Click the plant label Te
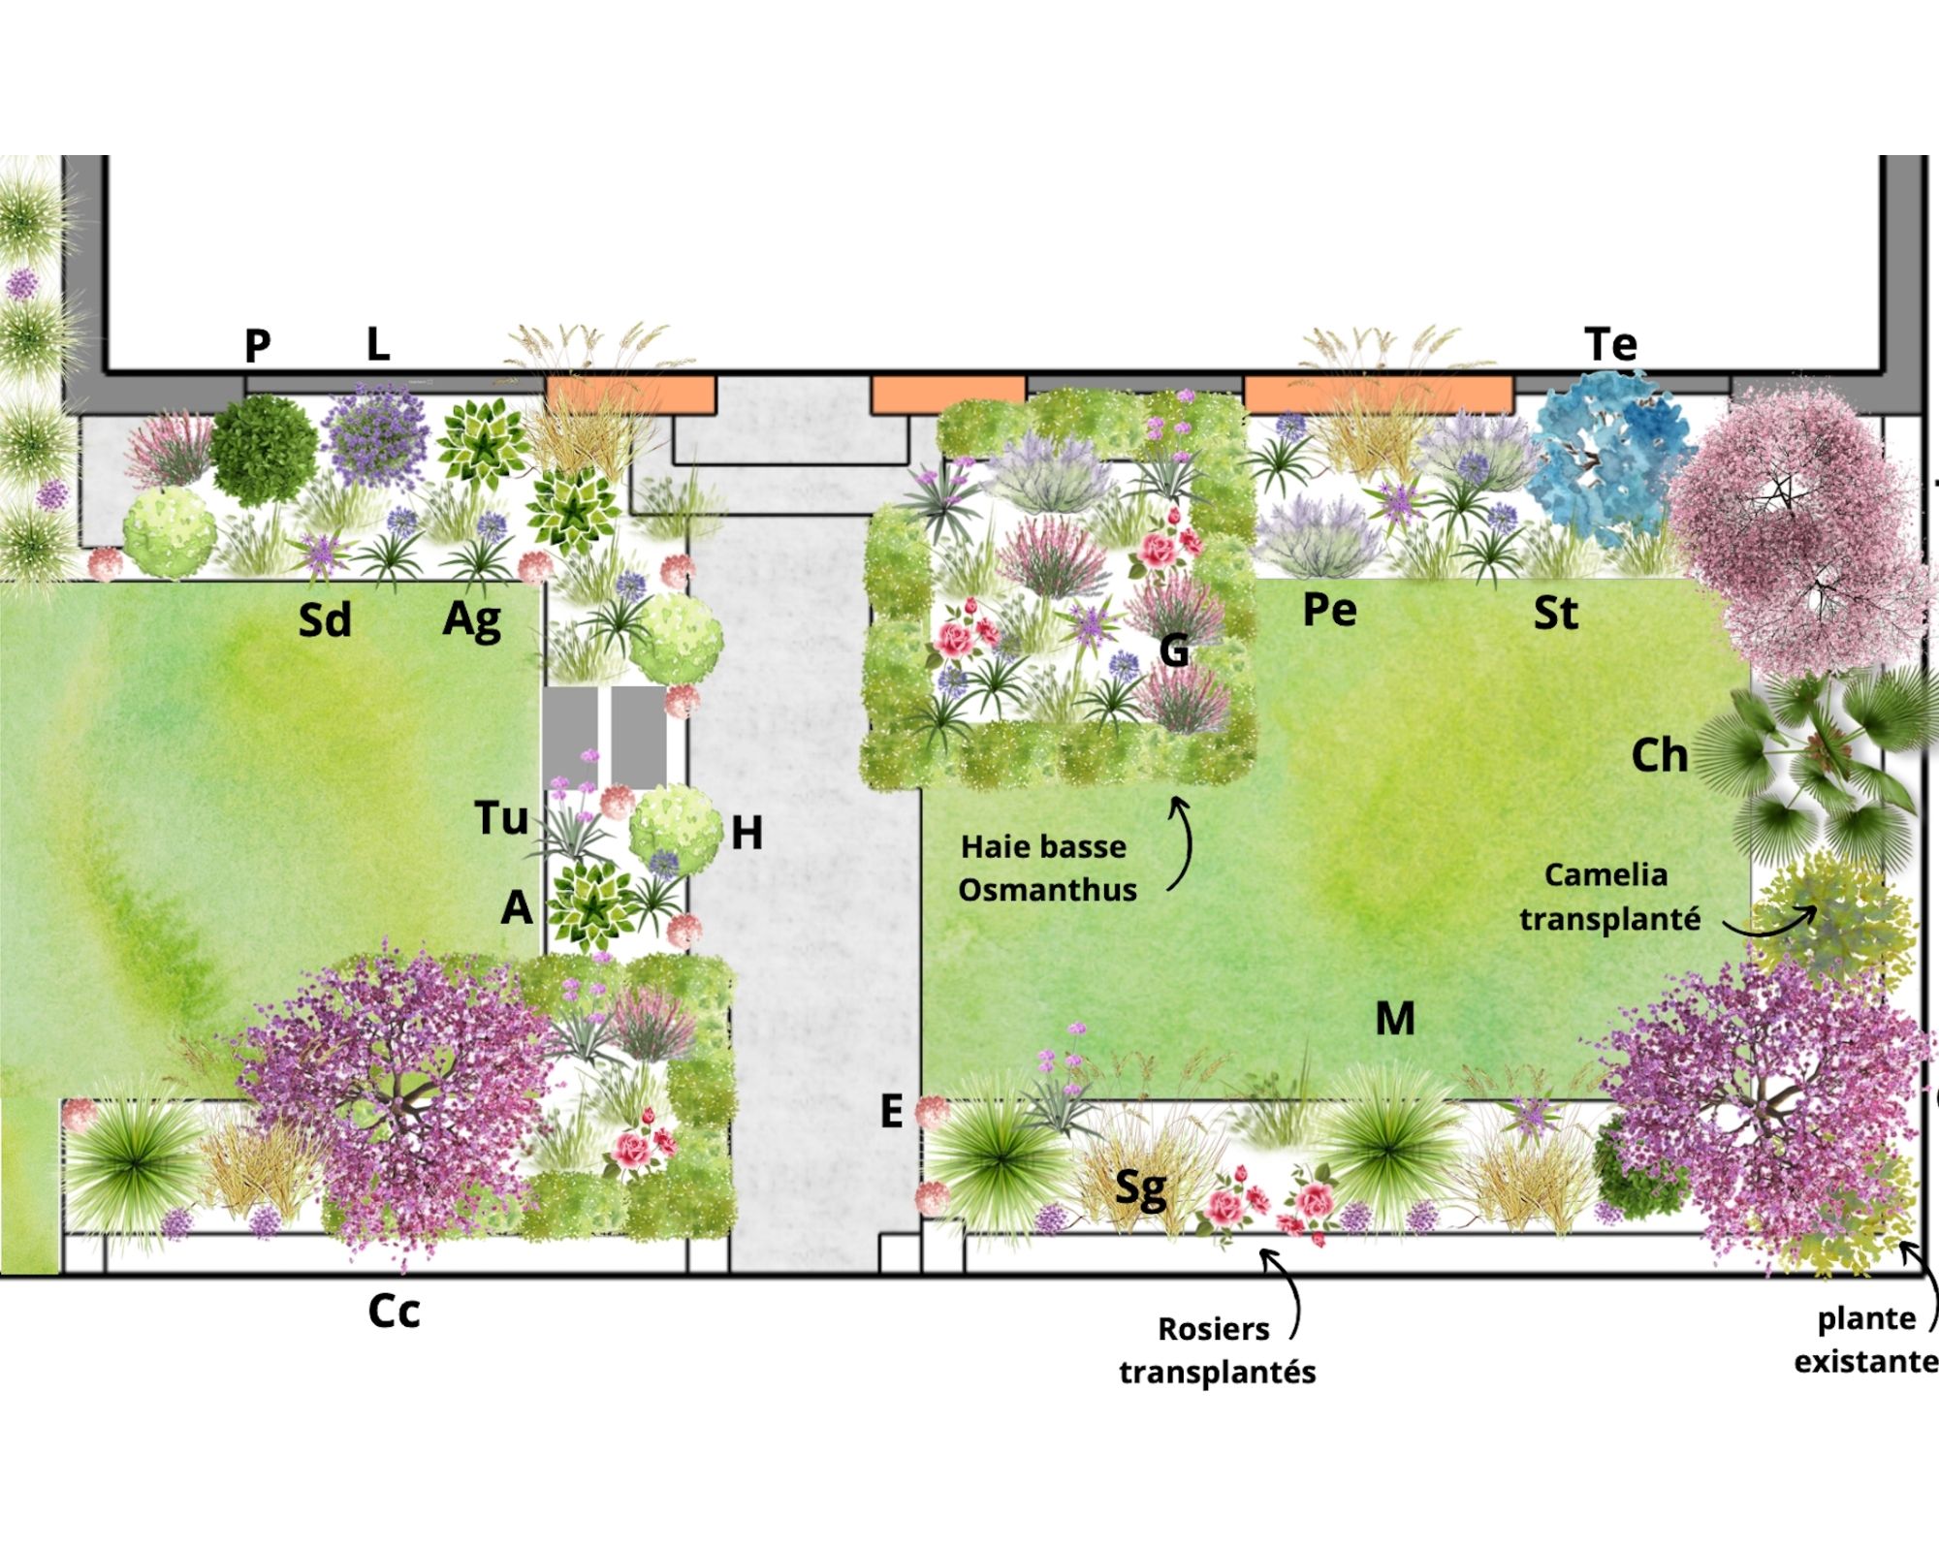1610,344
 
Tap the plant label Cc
394,1312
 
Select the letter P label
257,345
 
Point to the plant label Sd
324,620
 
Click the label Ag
472,620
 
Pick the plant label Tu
501,818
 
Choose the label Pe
1329,611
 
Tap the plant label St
1555,614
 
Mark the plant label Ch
1659,756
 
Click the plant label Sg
1140,1188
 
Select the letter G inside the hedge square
1174,650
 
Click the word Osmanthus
1047,890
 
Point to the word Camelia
1605,875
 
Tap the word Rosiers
1213,1329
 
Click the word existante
1864,1362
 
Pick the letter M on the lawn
1395,1019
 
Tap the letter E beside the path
891,1111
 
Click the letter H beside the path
747,833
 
